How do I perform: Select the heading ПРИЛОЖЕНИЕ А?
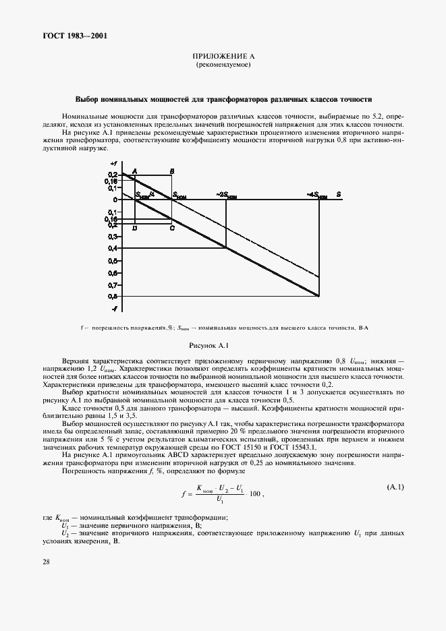point(222,57)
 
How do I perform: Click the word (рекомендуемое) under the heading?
point(223,65)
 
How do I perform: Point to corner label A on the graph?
point(135,171)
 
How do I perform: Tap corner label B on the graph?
point(172,171)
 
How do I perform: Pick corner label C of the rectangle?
point(172,229)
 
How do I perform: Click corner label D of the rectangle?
point(135,229)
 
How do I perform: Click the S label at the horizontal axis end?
point(339,194)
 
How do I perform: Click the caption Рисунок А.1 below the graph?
point(222,345)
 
